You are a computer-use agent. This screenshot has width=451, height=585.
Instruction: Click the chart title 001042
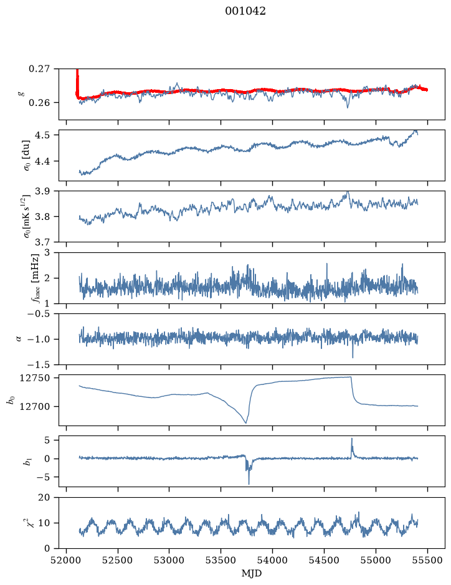(x=245, y=11)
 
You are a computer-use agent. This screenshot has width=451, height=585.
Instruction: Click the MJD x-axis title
(x=252, y=573)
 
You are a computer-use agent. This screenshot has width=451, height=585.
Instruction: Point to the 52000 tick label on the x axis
(x=67, y=560)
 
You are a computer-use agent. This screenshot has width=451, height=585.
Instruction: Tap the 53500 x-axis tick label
(x=221, y=560)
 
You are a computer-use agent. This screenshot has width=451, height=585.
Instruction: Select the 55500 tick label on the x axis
(x=427, y=560)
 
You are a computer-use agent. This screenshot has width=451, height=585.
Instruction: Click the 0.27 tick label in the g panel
(x=39, y=69)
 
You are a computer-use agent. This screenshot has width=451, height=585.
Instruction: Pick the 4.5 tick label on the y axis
(x=42, y=135)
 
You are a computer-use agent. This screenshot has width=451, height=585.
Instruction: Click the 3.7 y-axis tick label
(x=42, y=242)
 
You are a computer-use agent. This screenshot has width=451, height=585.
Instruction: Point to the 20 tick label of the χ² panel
(x=44, y=497)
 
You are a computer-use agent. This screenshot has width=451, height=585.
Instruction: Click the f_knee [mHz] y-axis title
(x=35, y=278)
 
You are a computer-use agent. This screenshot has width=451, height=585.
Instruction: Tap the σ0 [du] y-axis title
(x=27, y=156)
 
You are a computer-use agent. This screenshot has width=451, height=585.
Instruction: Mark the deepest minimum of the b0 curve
(x=246, y=422)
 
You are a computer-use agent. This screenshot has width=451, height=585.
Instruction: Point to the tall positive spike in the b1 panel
(x=352, y=439)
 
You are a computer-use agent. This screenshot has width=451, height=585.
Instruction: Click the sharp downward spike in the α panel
(x=353, y=357)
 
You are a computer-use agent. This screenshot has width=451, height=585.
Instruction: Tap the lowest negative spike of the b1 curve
(x=249, y=483)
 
